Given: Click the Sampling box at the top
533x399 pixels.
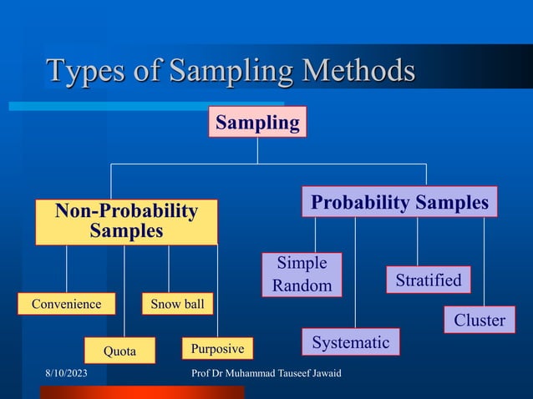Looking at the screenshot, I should pyautogui.click(x=257, y=122).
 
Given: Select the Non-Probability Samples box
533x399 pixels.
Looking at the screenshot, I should pyautogui.click(x=126, y=221).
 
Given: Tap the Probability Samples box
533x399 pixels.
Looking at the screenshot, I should pyautogui.click(x=399, y=202).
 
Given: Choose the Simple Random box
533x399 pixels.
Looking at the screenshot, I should pyautogui.click(x=302, y=275).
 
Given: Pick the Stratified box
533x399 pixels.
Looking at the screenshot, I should pyautogui.click(x=428, y=280).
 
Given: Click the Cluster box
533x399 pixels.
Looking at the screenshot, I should pyautogui.click(x=479, y=320).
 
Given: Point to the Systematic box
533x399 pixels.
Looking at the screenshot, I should pyautogui.click(x=350, y=341).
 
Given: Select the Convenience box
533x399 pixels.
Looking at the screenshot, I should pyautogui.click(x=66, y=304).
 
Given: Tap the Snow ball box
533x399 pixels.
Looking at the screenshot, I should pyautogui.click(x=177, y=304).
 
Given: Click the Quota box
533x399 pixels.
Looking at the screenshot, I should pyautogui.click(x=119, y=351).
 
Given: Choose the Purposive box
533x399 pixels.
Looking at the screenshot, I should pyautogui.click(x=217, y=348).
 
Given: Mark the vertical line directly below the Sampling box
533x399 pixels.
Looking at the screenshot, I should pyautogui.click(x=257, y=150).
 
